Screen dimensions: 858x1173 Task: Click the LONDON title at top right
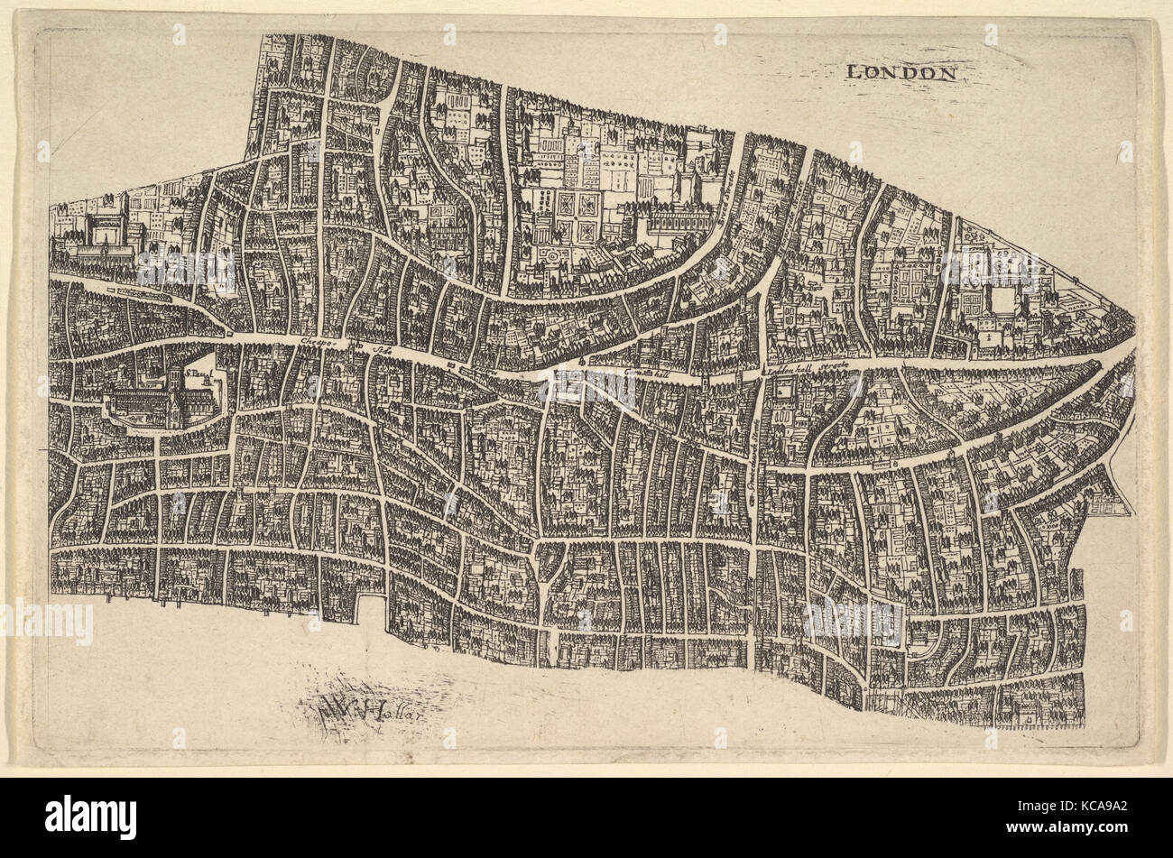tap(901, 73)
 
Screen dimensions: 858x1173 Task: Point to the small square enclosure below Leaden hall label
tap(780, 391)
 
